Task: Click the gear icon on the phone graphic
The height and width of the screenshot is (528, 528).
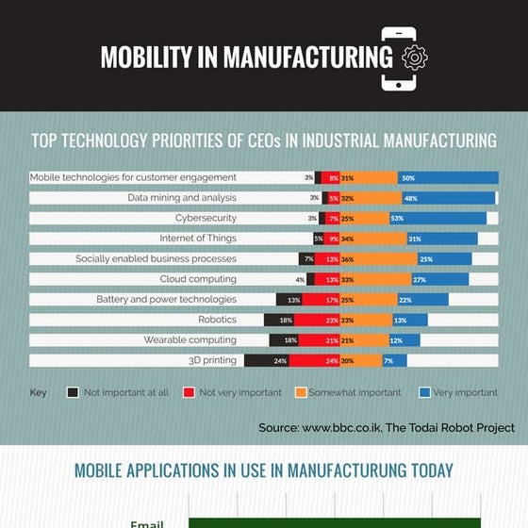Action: (x=414, y=58)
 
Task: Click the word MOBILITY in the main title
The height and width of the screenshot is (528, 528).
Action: (x=146, y=58)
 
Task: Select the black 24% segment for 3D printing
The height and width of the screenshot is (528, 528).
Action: (x=266, y=360)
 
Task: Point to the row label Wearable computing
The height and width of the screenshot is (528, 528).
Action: (x=190, y=339)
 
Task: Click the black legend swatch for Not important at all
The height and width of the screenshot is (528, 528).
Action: (x=73, y=392)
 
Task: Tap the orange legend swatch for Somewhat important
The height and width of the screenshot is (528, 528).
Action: (x=301, y=392)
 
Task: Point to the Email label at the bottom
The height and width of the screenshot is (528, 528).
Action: (x=146, y=523)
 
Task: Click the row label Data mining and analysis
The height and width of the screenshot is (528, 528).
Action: (x=182, y=198)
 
